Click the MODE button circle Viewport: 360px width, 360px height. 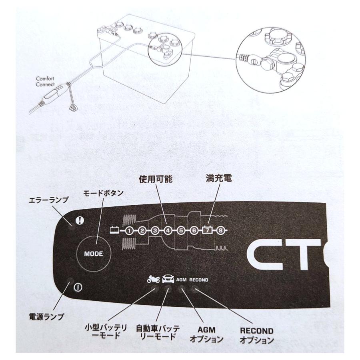pos(94,253)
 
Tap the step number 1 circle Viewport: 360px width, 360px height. pos(129,230)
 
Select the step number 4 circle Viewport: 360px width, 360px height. pos(168,230)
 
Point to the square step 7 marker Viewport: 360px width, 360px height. pos(207,230)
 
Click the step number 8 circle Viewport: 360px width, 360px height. pos(220,230)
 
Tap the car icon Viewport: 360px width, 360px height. pos(168,280)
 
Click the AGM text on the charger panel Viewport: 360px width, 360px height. pos(182,280)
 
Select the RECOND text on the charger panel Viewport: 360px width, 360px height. pos(198,280)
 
